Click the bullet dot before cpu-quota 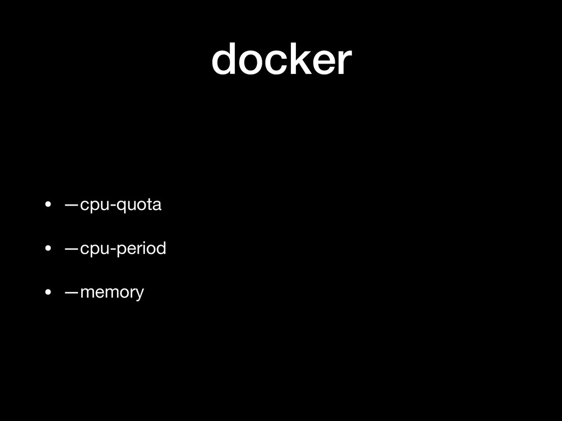49,206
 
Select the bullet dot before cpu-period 49,249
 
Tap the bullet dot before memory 49,292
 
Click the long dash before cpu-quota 71,206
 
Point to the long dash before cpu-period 71,249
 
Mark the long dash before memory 71,292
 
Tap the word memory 112,293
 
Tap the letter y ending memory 140,295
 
